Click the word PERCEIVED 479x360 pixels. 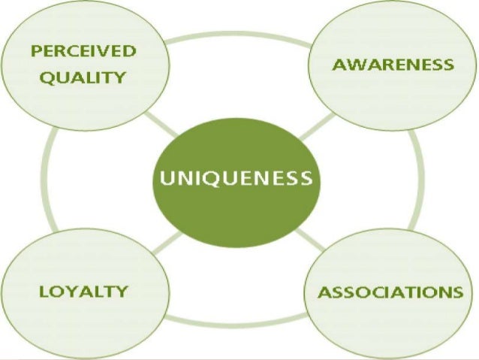pyautogui.click(x=83, y=52)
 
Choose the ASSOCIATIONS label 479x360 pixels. pyautogui.click(x=390, y=292)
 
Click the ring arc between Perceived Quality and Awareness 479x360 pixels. pyautogui.click(x=239, y=35)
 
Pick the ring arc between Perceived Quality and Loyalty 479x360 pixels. pyautogui.click(x=48, y=180)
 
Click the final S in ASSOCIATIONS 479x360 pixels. pyautogui.click(x=456, y=292)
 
